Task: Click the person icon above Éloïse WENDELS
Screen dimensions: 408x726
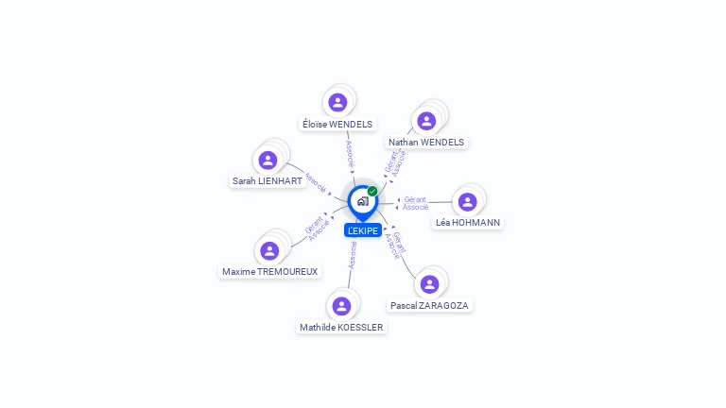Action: coord(337,101)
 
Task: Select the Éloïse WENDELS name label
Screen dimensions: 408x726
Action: coord(337,124)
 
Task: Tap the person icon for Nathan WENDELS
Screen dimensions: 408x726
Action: coord(426,120)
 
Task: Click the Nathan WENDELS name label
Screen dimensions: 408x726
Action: coord(426,143)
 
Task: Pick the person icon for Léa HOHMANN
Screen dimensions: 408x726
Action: coord(467,201)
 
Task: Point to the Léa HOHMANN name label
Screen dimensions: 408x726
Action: coord(468,223)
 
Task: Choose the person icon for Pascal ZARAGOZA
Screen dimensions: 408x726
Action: coord(429,283)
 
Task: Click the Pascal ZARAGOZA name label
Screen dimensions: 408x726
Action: coord(430,306)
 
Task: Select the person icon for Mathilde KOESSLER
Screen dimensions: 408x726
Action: coord(341,305)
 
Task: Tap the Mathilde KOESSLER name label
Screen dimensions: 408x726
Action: coord(342,328)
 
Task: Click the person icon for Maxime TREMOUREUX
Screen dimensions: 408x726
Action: coord(269,250)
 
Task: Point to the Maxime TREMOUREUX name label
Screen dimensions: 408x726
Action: coord(270,272)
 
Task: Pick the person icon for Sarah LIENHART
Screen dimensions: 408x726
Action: coord(268,159)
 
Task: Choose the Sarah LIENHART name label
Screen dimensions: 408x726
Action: coord(268,180)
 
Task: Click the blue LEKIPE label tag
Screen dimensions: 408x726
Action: coord(363,230)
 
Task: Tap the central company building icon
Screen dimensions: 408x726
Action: coord(362,201)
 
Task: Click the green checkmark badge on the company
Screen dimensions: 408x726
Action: coord(372,191)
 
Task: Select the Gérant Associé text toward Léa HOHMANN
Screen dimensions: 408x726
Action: coord(415,202)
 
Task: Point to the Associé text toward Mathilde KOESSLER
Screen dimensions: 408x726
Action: coord(353,255)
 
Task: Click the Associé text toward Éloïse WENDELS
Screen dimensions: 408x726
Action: coord(350,155)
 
